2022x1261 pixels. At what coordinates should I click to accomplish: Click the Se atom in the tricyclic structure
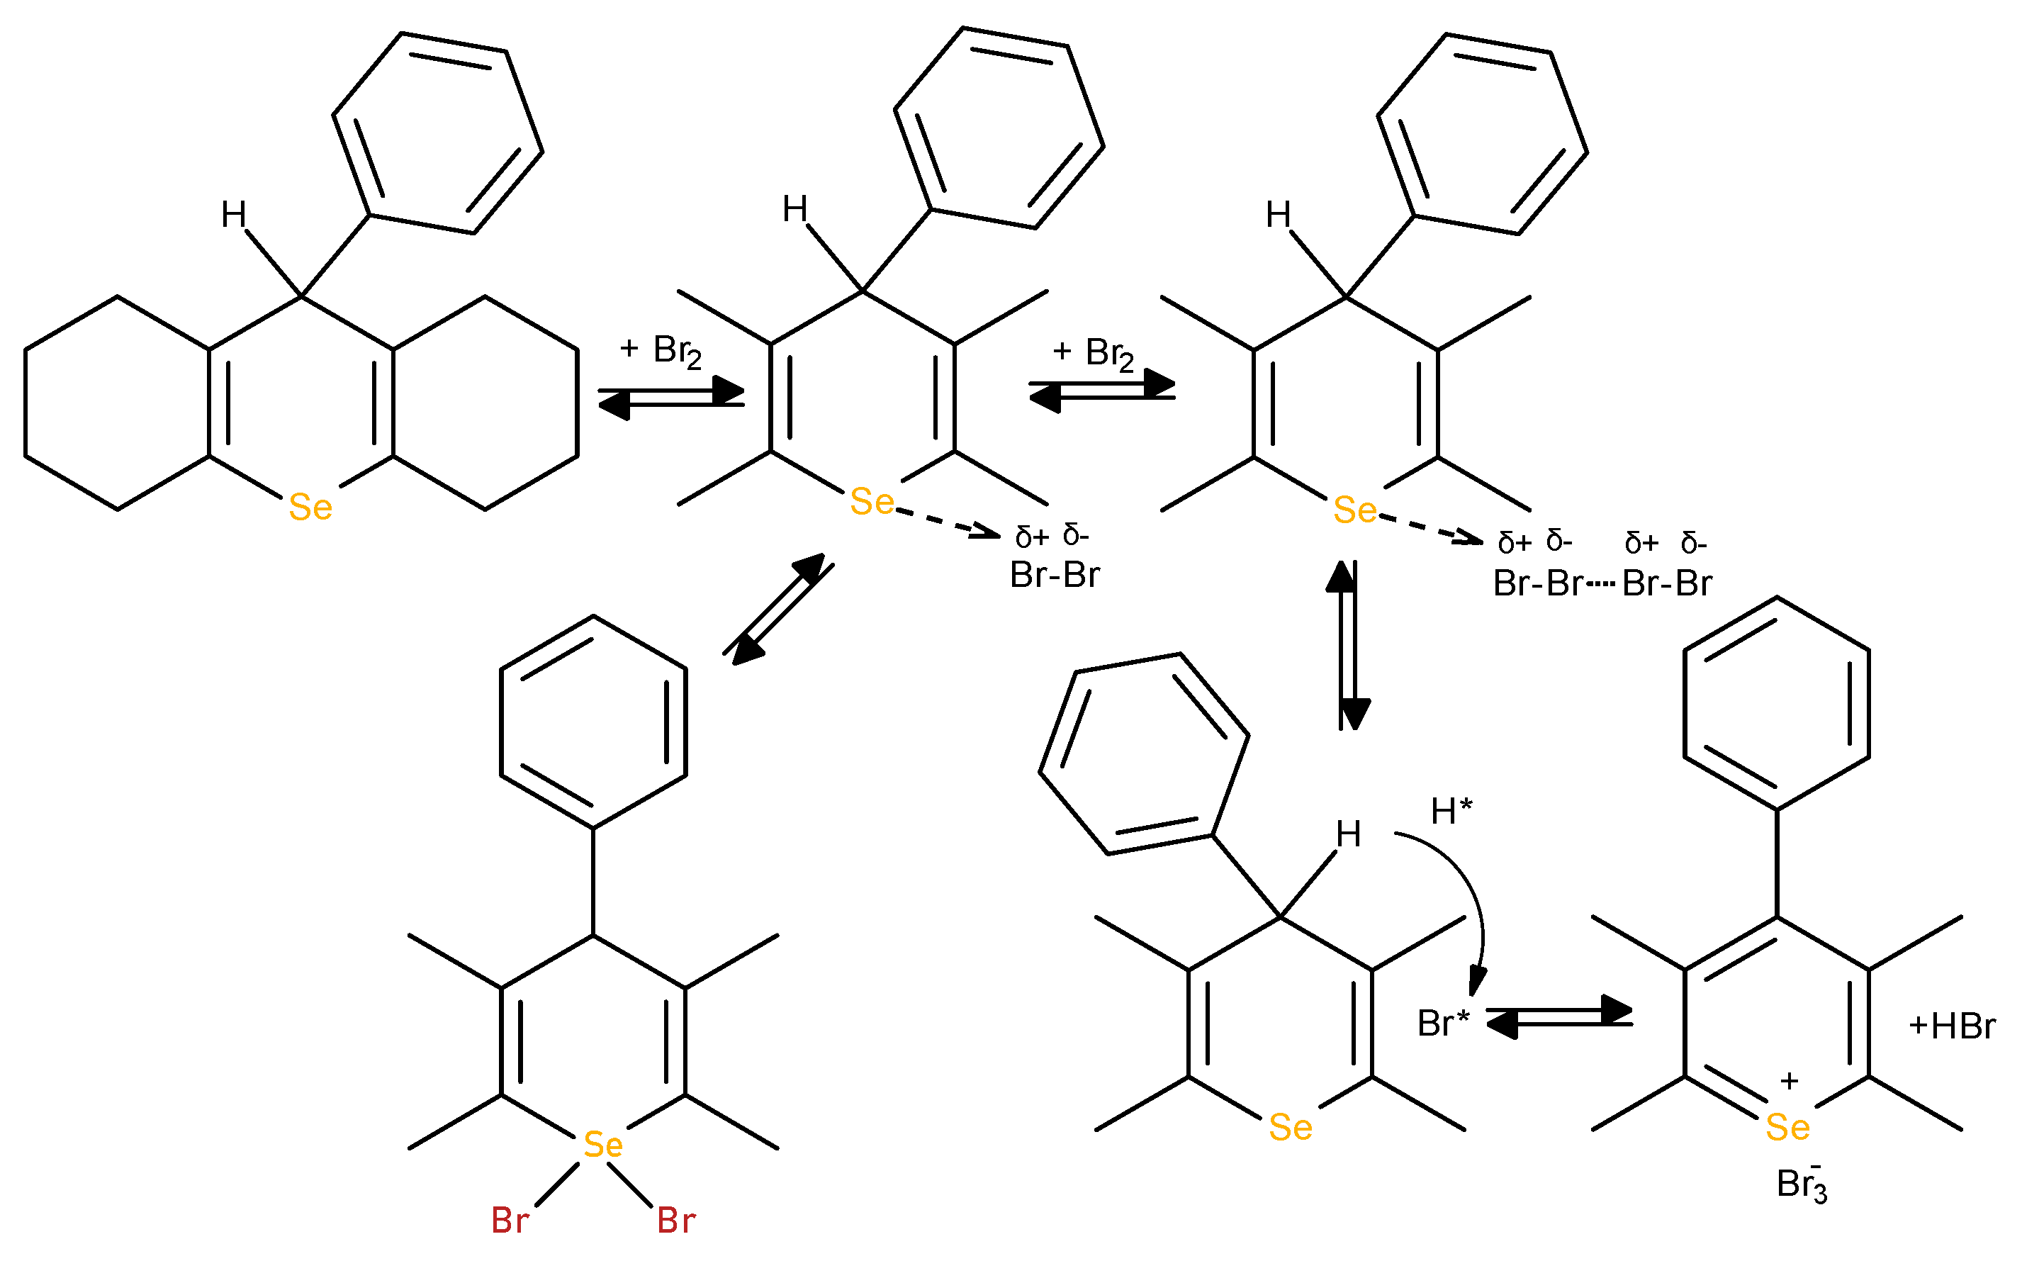coord(310,507)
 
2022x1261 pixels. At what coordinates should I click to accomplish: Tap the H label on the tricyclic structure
coord(233,215)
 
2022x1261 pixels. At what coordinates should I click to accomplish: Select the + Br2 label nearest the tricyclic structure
coord(661,351)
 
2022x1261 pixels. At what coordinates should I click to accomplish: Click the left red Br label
coord(510,1220)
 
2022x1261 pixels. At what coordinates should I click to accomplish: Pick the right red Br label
coord(675,1220)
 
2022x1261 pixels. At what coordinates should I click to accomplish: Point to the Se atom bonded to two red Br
coord(603,1145)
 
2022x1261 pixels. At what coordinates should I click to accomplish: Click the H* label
coord(1451,811)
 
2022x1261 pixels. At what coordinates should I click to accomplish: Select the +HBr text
coord(1952,1026)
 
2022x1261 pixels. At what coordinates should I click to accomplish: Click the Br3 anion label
coord(1801,1184)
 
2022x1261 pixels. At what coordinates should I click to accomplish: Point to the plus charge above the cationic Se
coord(1790,1081)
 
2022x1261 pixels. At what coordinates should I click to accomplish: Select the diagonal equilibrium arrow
coord(778,609)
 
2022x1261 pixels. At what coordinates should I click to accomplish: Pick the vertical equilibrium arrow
coord(1348,645)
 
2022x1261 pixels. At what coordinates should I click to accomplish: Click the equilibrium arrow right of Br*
coord(1558,1016)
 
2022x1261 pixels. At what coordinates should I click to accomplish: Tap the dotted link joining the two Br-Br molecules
coord(1601,584)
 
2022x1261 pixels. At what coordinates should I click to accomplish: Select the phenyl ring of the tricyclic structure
coord(439,133)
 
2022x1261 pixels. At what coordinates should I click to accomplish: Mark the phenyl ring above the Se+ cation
coord(1777,703)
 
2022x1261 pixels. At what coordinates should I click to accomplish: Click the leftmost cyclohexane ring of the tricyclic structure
coord(117,403)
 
